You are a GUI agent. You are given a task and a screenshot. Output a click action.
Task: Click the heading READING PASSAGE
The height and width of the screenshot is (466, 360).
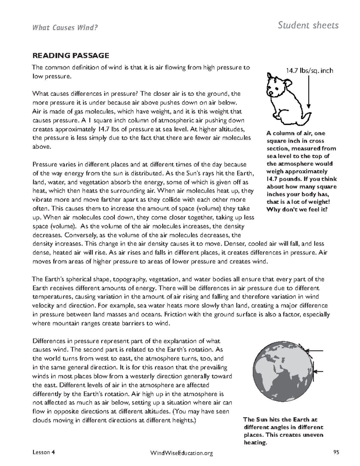click(x=70, y=56)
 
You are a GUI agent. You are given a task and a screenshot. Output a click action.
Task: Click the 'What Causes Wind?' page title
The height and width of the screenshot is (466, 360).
click(x=65, y=28)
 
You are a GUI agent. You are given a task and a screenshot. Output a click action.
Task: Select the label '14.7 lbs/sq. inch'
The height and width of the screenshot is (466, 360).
click(x=309, y=71)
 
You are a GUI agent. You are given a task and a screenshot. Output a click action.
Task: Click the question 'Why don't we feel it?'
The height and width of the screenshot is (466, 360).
click(x=296, y=209)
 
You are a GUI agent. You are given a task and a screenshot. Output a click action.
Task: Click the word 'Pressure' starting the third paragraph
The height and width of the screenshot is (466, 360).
click(x=44, y=164)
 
